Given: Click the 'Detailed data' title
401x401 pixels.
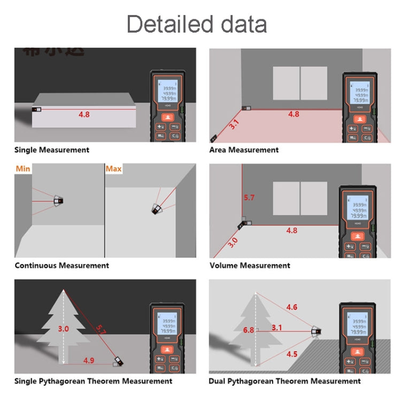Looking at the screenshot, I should click(x=197, y=25).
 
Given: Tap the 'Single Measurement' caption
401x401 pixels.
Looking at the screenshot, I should click(x=52, y=150).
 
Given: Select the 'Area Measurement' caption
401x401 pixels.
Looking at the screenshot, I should click(x=244, y=150).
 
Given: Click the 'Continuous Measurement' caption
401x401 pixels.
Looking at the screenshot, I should click(x=61, y=266).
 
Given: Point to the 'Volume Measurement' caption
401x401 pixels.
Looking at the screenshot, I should click(x=250, y=266).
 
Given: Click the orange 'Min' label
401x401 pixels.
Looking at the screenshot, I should click(x=23, y=169).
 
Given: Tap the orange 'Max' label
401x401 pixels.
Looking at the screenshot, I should click(x=113, y=169).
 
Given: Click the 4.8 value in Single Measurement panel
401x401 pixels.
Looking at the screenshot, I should click(x=84, y=114).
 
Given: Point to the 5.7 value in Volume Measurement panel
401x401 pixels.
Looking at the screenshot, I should click(x=249, y=198).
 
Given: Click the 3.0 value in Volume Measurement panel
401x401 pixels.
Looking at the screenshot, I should click(x=233, y=241).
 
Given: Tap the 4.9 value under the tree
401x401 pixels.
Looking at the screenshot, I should click(x=89, y=360).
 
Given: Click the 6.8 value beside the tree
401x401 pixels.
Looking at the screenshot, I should click(x=249, y=330).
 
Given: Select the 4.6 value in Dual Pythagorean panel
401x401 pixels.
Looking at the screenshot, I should click(x=292, y=307).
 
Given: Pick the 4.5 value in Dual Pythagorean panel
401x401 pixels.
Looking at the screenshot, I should click(x=292, y=354).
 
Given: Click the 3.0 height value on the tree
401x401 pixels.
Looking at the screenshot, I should click(x=63, y=329).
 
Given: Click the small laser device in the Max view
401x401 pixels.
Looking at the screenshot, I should click(x=156, y=207).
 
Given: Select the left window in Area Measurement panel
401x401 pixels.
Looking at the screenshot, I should click(x=286, y=83).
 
